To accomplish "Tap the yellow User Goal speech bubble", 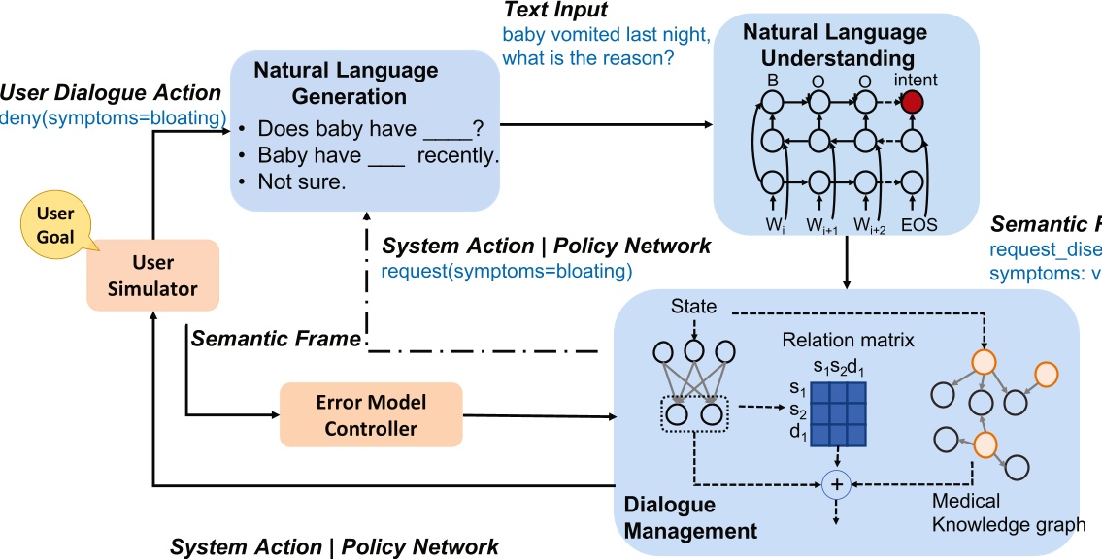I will point(50,225).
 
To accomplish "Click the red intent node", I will point(912,101).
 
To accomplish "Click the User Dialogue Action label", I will point(110,93).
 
